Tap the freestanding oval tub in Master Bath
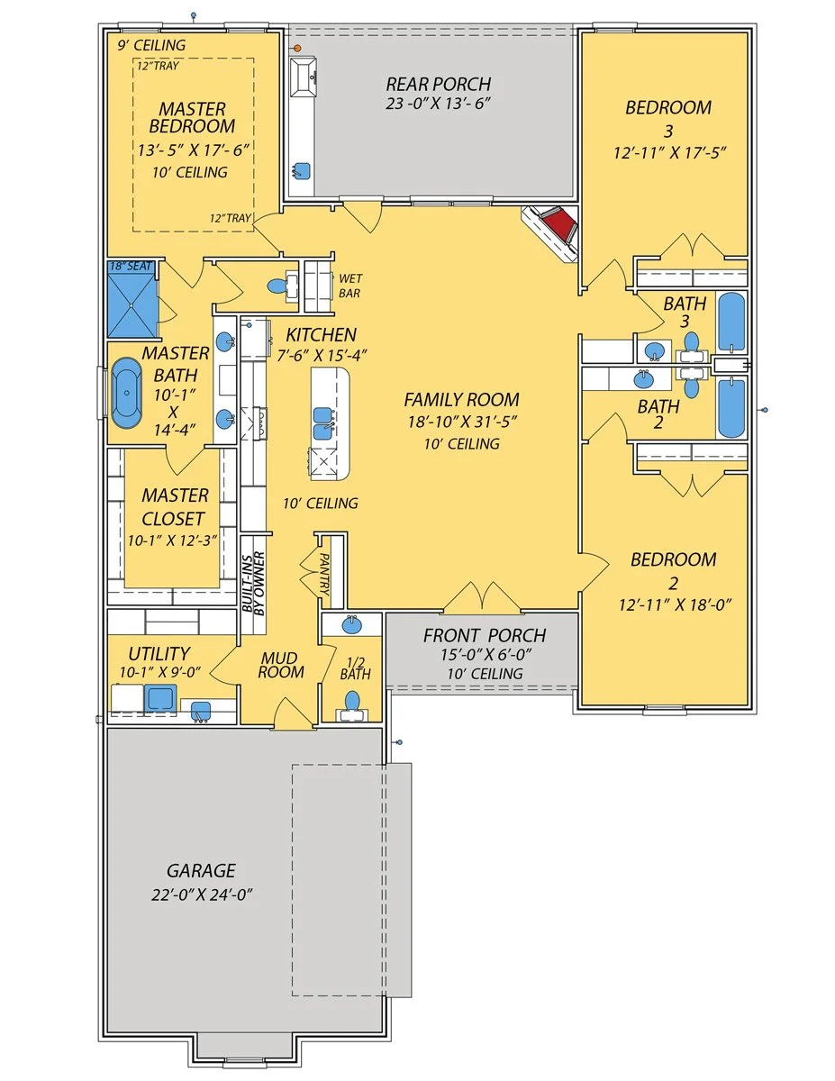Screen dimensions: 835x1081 [127, 393]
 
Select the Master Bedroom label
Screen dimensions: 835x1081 [192, 117]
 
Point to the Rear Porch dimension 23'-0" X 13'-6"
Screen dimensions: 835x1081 [438, 104]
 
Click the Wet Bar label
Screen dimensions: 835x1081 [350, 286]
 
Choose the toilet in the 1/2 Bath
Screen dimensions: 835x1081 [352, 702]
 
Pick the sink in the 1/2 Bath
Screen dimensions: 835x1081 [352, 624]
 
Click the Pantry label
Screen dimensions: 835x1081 [324, 574]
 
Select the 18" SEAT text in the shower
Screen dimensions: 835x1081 [131, 266]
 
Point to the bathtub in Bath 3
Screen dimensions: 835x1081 [731, 322]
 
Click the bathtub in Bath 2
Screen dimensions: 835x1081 [731, 407]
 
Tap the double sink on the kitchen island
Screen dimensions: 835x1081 [322, 422]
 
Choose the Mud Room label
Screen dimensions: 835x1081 [281, 665]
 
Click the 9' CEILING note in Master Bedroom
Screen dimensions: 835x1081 [151, 45]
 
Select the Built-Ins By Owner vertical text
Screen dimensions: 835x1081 [253, 584]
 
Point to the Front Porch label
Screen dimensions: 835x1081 [485, 635]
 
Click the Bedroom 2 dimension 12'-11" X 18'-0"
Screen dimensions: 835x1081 [675, 605]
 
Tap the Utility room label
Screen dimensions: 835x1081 [159, 654]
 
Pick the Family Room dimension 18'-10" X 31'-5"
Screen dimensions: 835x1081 [462, 422]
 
